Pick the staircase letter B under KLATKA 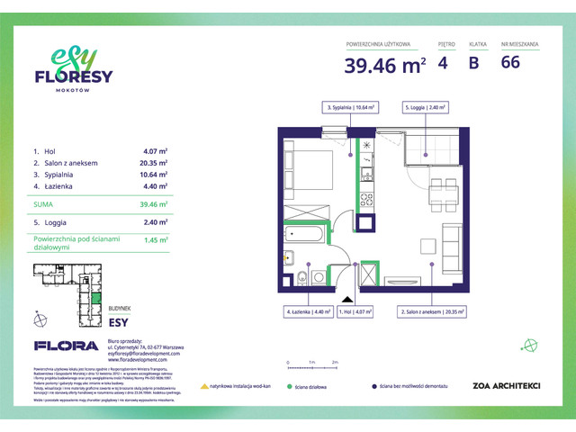click(474, 64)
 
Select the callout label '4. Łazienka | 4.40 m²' click(305, 312)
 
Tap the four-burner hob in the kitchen click(367, 199)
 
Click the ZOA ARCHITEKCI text click(507, 386)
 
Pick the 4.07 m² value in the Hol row click(156, 150)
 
